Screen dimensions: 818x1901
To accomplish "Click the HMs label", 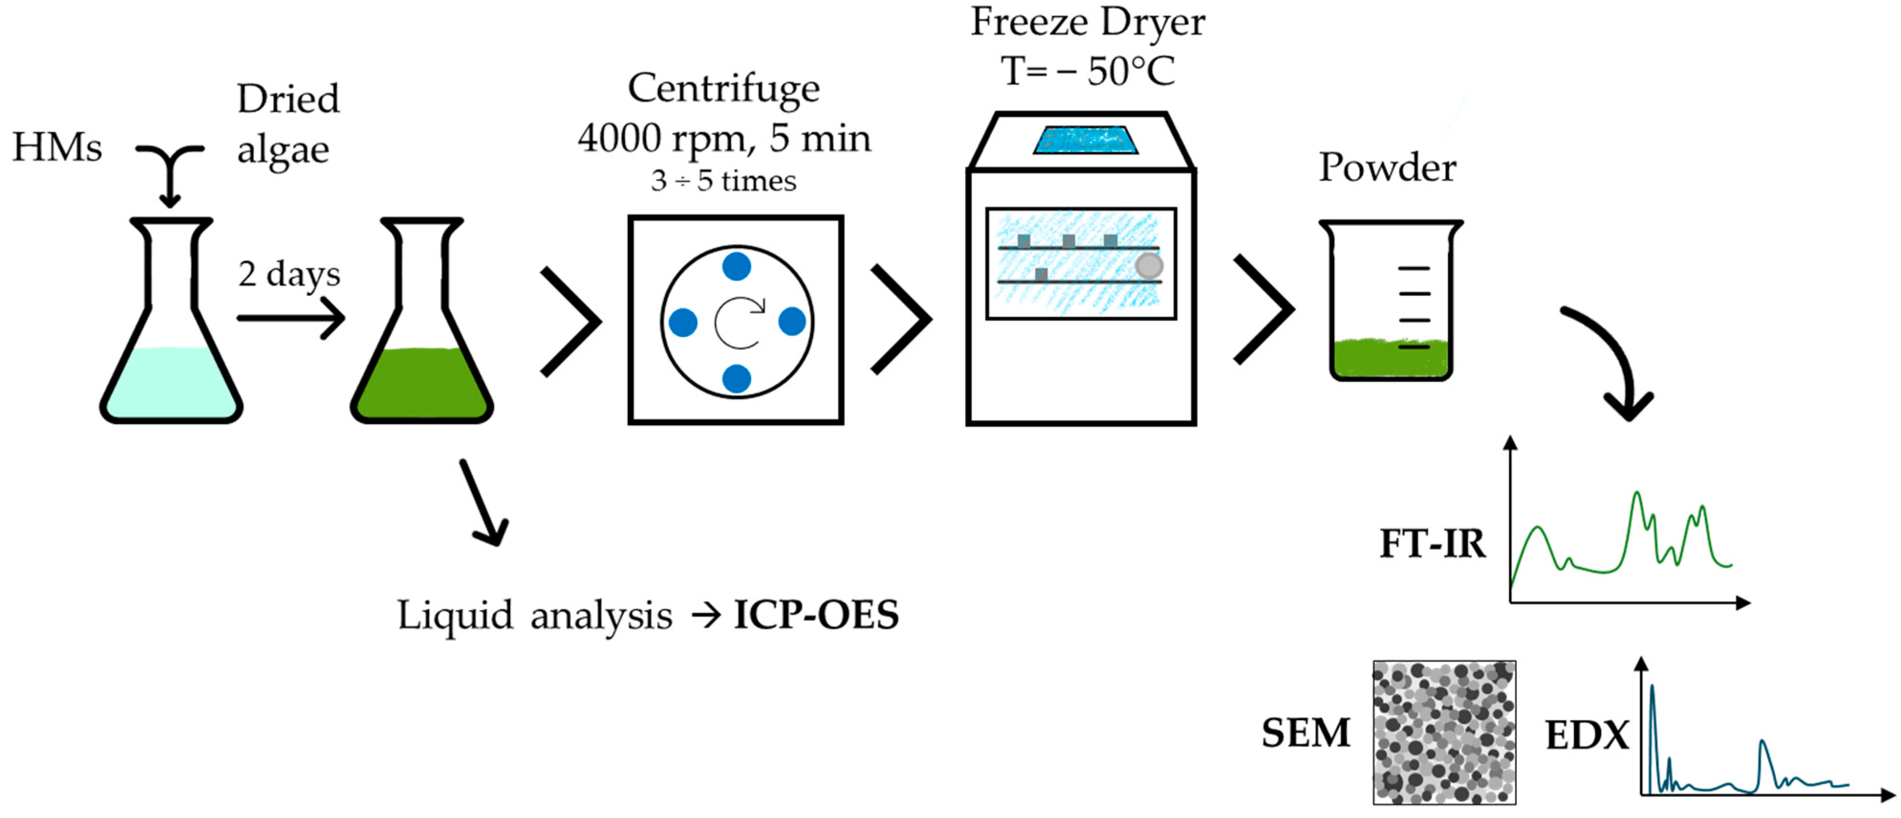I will (x=57, y=147).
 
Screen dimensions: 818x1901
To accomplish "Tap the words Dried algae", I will (x=287, y=124).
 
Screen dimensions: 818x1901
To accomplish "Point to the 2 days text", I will (x=289, y=274).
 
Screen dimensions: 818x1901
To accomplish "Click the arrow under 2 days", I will (x=292, y=318).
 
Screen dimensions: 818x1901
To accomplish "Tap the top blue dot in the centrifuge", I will (x=736, y=266).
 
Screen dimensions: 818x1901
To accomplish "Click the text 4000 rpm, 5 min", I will (x=724, y=138).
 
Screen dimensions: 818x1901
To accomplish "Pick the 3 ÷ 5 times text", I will (x=723, y=181).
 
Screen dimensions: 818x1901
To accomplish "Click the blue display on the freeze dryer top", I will (x=1085, y=140).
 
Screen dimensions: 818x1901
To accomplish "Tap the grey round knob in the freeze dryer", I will (x=1148, y=266).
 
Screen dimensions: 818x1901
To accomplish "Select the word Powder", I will (x=1387, y=168).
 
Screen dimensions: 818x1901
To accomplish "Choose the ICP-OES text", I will (x=816, y=614).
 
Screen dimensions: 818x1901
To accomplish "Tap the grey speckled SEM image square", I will (x=1444, y=731).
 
